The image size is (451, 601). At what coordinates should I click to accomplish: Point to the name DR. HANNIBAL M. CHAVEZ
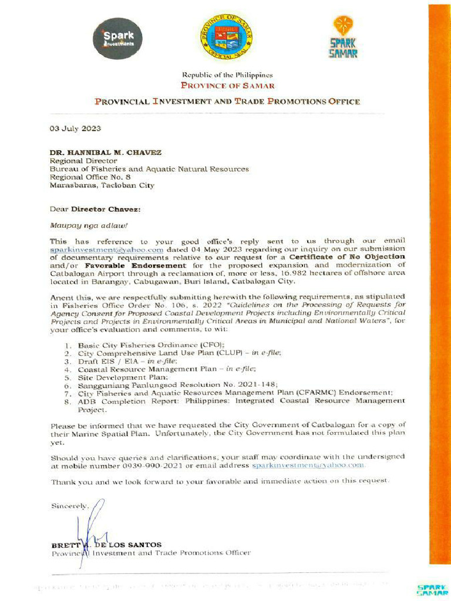106,152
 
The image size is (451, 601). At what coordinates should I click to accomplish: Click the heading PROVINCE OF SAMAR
227,85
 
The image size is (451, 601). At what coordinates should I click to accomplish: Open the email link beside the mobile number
309,465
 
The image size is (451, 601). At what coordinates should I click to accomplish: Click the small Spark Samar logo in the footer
432,589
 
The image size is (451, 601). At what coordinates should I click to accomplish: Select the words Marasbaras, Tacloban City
102,185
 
